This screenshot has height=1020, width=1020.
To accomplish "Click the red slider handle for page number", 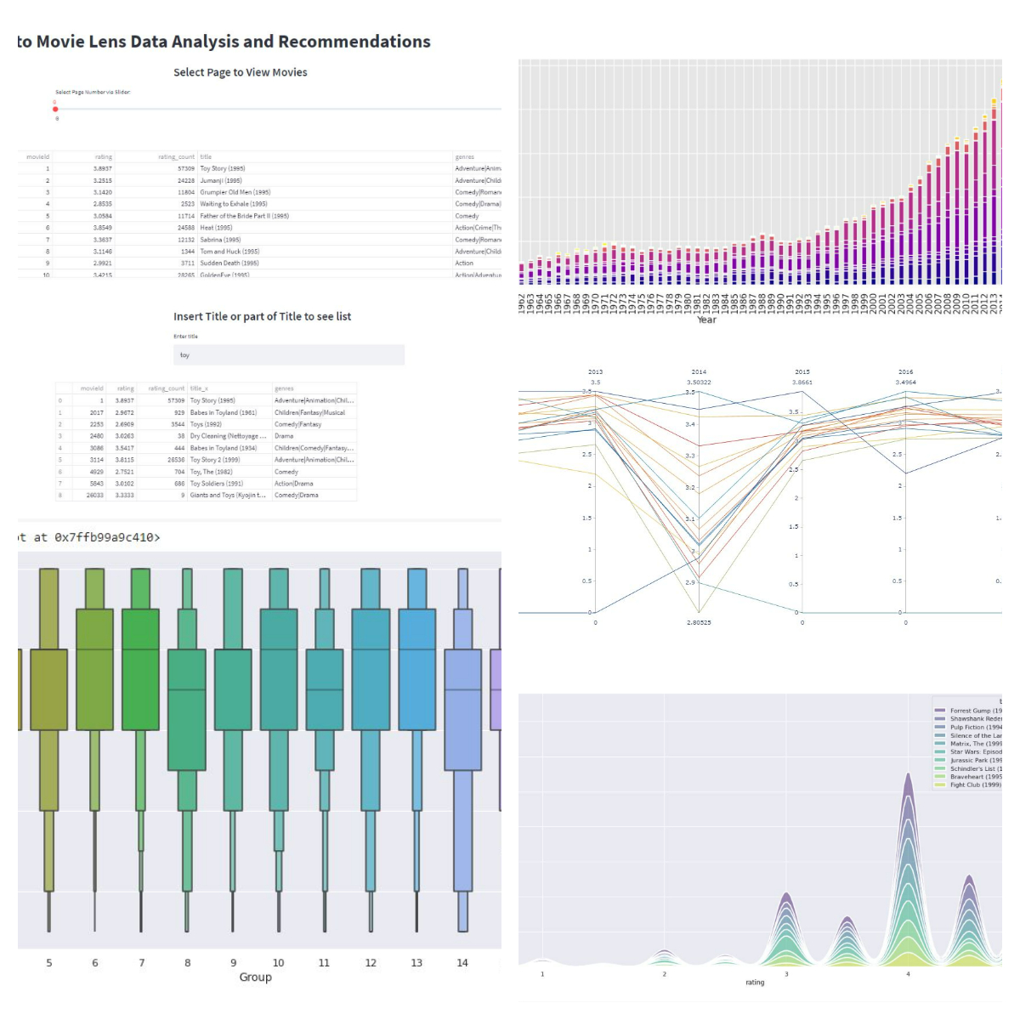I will click(x=55, y=109).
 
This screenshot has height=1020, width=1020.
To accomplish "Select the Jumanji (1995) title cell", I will click(x=221, y=180).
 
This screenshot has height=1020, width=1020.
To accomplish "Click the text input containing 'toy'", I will click(x=289, y=355).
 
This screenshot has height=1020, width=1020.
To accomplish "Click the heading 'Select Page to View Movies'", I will click(x=241, y=72).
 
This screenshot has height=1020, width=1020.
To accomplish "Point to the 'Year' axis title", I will click(x=706, y=320).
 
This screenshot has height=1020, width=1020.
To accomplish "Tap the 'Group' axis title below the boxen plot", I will click(x=255, y=977).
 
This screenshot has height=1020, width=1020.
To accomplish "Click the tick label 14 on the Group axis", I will click(x=462, y=963).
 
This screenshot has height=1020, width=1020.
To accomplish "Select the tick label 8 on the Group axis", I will click(x=188, y=963).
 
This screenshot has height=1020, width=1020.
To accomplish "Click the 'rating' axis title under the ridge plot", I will click(x=755, y=983).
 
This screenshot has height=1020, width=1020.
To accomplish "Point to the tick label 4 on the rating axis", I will click(x=908, y=974).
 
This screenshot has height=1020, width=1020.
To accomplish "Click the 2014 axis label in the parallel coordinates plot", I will click(x=699, y=371).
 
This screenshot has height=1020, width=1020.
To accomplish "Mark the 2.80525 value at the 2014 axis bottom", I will click(x=699, y=623).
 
